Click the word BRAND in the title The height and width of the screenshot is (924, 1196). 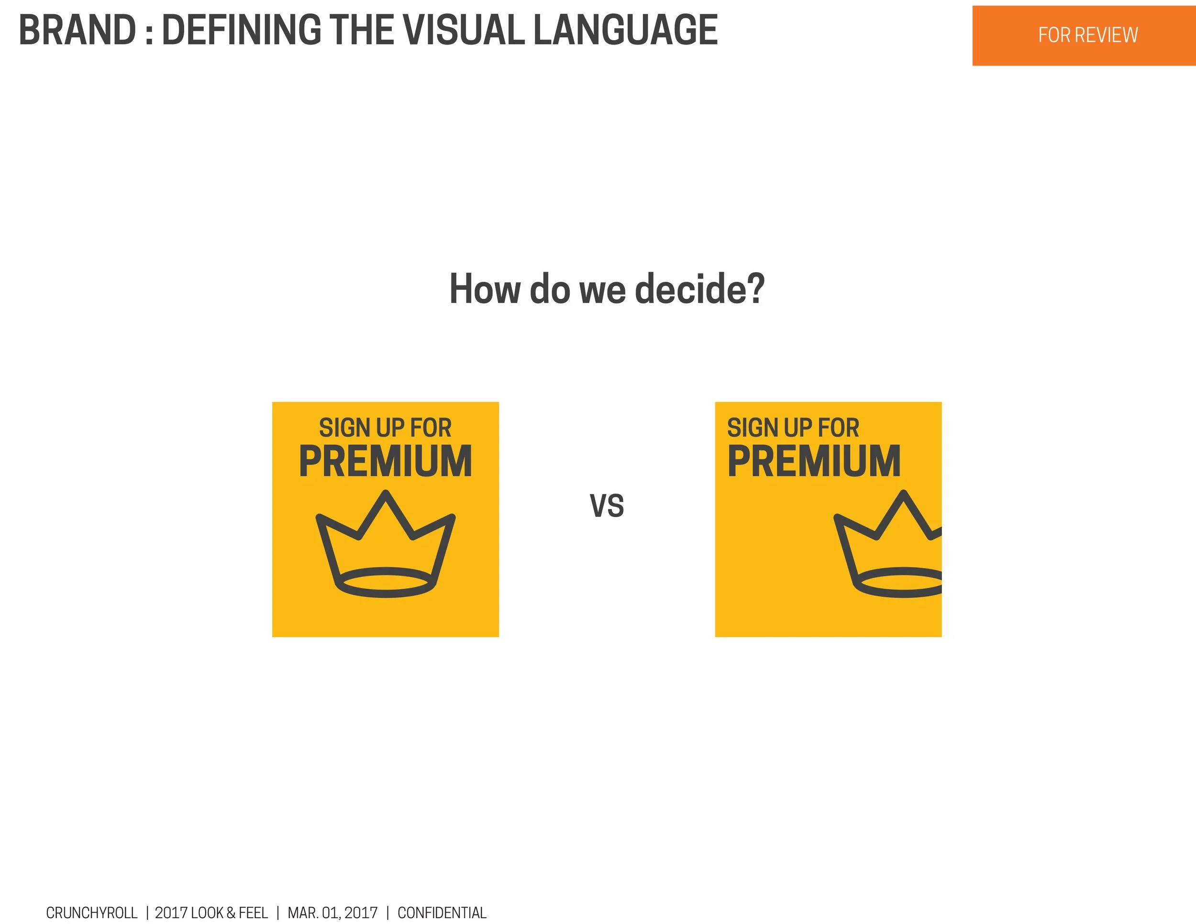pyautogui.click(x=77, y=31)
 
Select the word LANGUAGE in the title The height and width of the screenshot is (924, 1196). pyautogui.click(x=625, y=31)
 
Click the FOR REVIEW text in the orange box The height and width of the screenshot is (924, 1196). pyautogui.click(x=1087, y=35)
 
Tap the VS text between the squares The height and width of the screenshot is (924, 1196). pyautogui.click(x=607, y=506)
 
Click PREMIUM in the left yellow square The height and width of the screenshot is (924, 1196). pyautogui.click(x=386, y=462)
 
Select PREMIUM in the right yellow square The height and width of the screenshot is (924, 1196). pyautogui.click(x=814, y=462)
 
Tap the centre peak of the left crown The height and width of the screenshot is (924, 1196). pyautogui.click(x=386, y=495)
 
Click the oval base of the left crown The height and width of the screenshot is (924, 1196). pyautogui.click(x=386, y=583)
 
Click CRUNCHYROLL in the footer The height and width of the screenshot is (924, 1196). pyautogui.click(x=91, y=913)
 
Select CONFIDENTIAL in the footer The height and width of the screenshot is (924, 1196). pyautogui.click(x=442, y=913)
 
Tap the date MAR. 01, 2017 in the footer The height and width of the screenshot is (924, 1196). pyautogui.click(x=332, y=913)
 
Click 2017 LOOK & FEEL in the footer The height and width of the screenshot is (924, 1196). pyautogui.click(x=211, y=913)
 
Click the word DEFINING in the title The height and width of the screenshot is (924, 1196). pyautogui.click(x=242, y=31)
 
